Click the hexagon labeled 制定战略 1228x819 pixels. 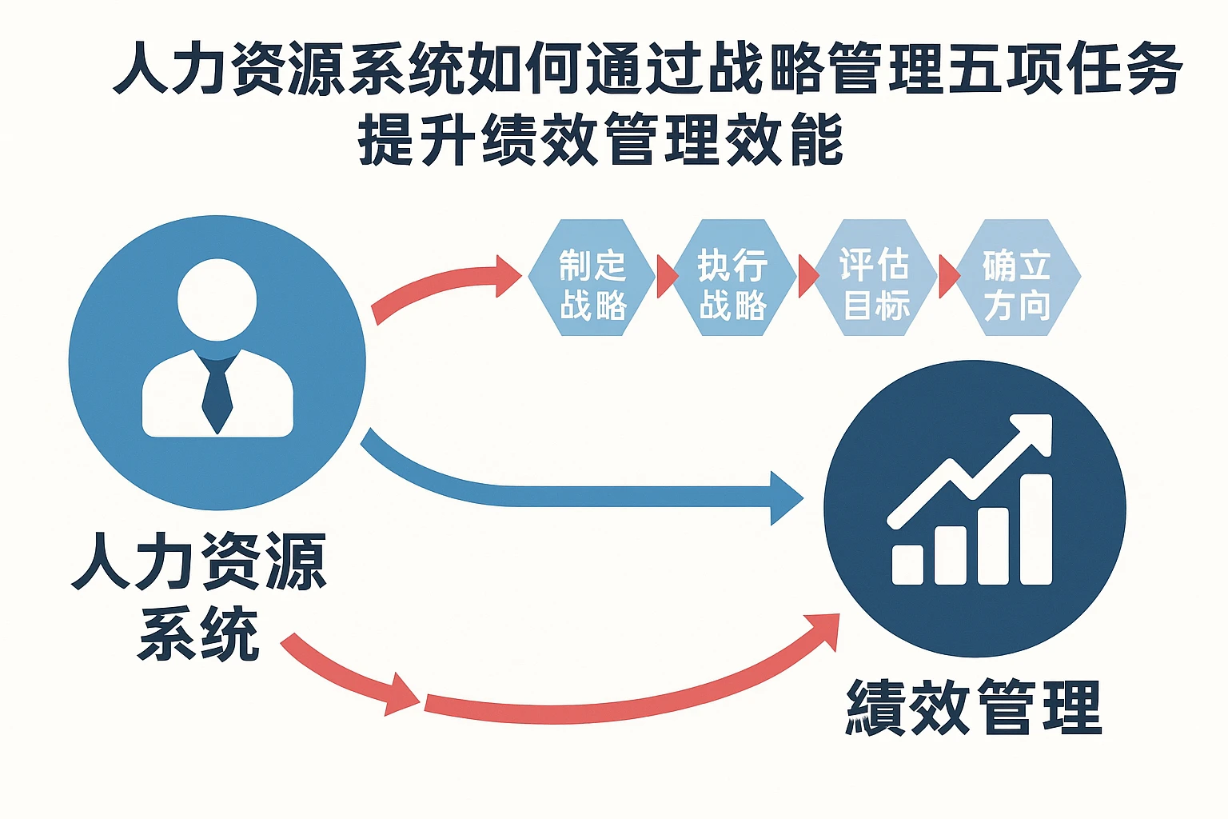point(592,278)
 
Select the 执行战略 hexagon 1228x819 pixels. point(733,278)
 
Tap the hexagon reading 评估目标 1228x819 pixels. point(875,278)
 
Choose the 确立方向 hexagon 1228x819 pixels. point(1016,278)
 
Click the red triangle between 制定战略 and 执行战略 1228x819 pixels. point(665,277)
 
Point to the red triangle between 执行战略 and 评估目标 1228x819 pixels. point(807,277)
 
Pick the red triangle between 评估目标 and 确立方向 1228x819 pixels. point(948,277)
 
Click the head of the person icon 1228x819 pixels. point(217,299)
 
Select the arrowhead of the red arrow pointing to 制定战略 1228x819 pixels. point(507,276)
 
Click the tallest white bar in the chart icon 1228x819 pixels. point(1035,529)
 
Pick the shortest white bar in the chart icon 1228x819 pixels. point(907,564)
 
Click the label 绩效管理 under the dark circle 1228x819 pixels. point(974,707)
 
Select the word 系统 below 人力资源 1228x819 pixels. point(198,633)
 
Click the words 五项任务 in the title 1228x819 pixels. point(1063,69)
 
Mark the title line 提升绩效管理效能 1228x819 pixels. point(600,139)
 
